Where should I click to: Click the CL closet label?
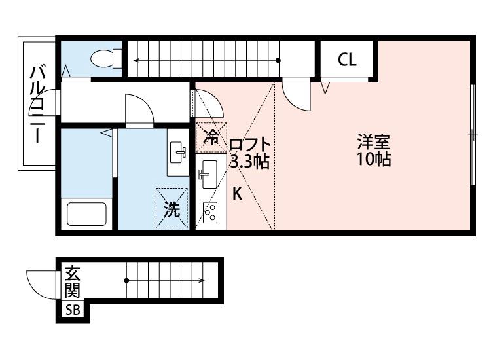pos(347,60)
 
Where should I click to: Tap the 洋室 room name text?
pos(374,141)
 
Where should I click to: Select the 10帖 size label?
pos(374,159)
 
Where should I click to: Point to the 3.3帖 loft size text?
pos(249,162)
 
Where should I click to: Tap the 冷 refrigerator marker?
pos(211,137)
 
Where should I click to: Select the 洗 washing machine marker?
pos(172,209)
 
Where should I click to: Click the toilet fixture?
pos(104,59)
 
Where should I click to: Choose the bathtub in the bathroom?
pos(86,214)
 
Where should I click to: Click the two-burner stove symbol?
pos(211,213)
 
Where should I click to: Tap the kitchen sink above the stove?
pos(209,173)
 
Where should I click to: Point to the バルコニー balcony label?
pos(38,105)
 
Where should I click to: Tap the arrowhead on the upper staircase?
pos(137,61)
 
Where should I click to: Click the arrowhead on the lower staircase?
pos(202,281)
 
